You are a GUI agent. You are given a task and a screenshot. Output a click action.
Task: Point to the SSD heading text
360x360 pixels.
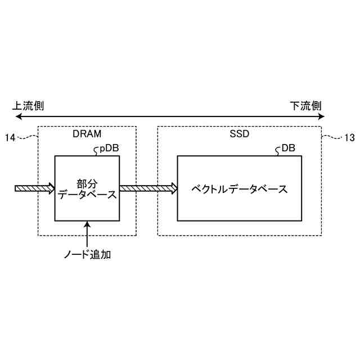(239, 135)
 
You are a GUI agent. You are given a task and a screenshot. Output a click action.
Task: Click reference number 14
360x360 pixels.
(10, 137)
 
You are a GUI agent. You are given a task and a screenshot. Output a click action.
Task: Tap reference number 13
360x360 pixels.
(349, 137)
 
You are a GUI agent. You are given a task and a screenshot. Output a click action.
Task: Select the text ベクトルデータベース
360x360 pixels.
(240, 189)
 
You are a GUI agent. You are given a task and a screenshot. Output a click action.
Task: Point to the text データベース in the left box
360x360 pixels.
(87, 195)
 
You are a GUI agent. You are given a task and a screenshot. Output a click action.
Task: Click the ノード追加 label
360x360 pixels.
(87, 255)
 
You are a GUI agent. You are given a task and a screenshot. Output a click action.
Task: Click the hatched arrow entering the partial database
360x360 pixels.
(34, 188)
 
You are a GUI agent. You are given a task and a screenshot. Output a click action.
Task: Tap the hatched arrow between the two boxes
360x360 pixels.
(148, 188)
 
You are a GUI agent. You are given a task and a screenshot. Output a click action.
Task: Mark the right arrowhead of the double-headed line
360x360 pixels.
(321, 117)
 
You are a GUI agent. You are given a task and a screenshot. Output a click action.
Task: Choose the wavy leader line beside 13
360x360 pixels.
(332, 136)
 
